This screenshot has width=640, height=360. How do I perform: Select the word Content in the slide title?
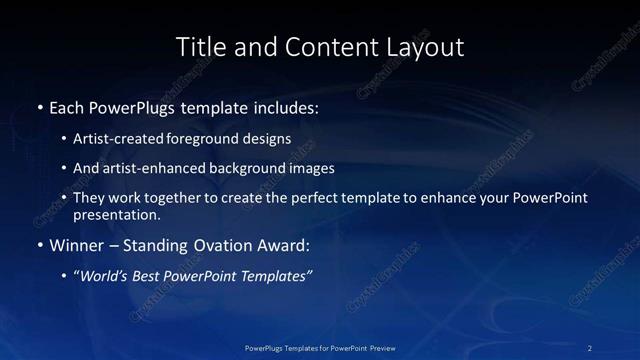coord(324,47)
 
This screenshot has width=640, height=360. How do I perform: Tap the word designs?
coord(268,139)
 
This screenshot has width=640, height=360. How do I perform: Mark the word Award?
coord(283,244)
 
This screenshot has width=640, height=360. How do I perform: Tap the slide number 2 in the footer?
coord(590,348)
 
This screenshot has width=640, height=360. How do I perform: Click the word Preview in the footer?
coord(382,348)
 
